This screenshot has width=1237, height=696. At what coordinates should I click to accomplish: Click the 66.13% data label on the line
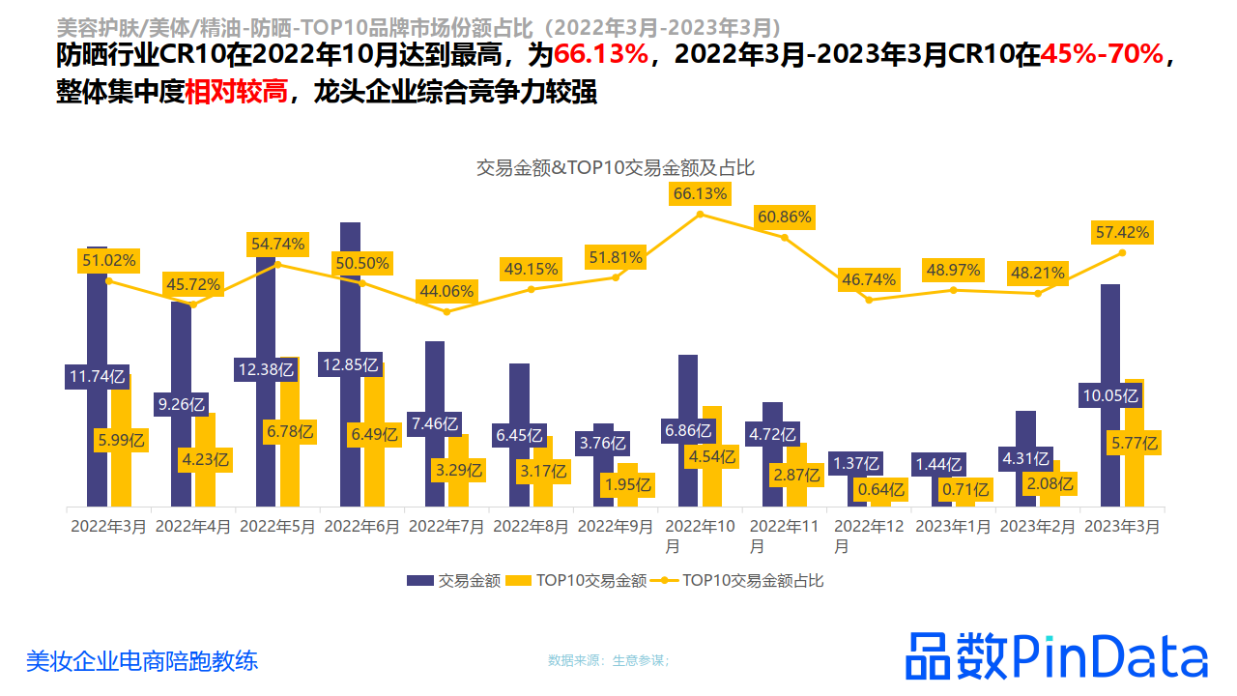700,194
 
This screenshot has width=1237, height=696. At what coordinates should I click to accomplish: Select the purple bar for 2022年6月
350,290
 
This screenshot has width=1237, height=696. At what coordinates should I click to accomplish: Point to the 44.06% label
446,291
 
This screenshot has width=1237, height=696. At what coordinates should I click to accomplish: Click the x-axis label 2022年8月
531,527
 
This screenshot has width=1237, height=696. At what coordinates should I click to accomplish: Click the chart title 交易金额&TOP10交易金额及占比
616,167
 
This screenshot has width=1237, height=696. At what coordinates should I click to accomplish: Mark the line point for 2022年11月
784,237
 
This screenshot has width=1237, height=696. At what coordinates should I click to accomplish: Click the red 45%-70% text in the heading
1103,55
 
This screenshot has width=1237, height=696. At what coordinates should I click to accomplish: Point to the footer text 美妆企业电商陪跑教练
142,661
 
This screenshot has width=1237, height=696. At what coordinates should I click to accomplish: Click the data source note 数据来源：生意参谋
609,660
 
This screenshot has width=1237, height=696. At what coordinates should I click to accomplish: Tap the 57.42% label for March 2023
1122,232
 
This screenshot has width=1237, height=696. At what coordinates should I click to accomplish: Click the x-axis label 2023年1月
953,527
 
